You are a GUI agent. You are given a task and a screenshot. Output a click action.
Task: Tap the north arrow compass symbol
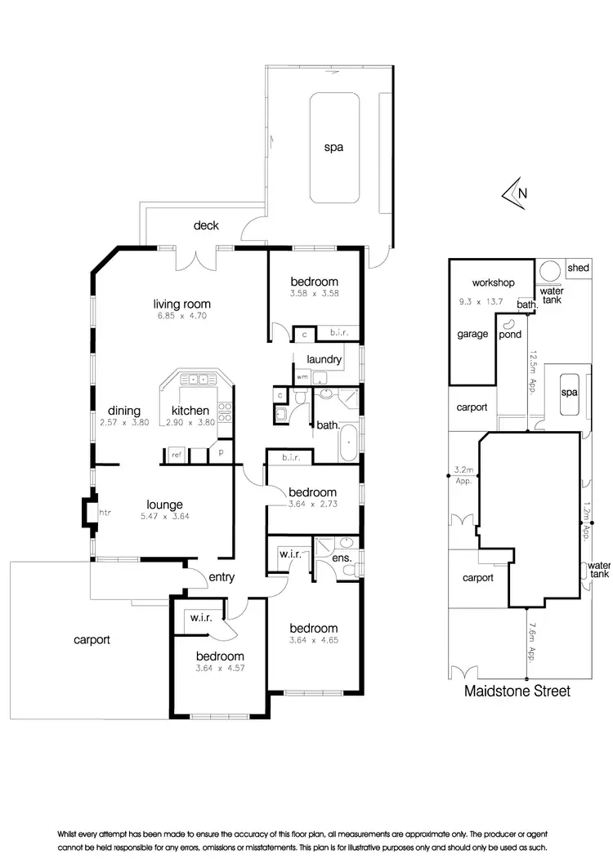[515, 193]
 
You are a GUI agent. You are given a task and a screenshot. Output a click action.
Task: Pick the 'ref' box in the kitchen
[176, 455]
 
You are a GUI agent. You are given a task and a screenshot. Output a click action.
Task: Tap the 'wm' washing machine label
[302, 376]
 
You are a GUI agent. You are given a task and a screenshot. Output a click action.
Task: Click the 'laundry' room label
[324, 359]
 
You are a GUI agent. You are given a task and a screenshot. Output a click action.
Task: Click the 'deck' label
[206, 225]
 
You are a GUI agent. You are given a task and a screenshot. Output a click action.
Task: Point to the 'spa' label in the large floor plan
[333, 148]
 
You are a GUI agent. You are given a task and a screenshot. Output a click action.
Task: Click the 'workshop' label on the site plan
[493, 282]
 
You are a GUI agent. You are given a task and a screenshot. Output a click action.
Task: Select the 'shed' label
[578, 268]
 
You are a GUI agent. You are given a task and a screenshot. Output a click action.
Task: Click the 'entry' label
[221, 577]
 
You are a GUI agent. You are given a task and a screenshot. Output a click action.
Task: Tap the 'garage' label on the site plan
[472, 333]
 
